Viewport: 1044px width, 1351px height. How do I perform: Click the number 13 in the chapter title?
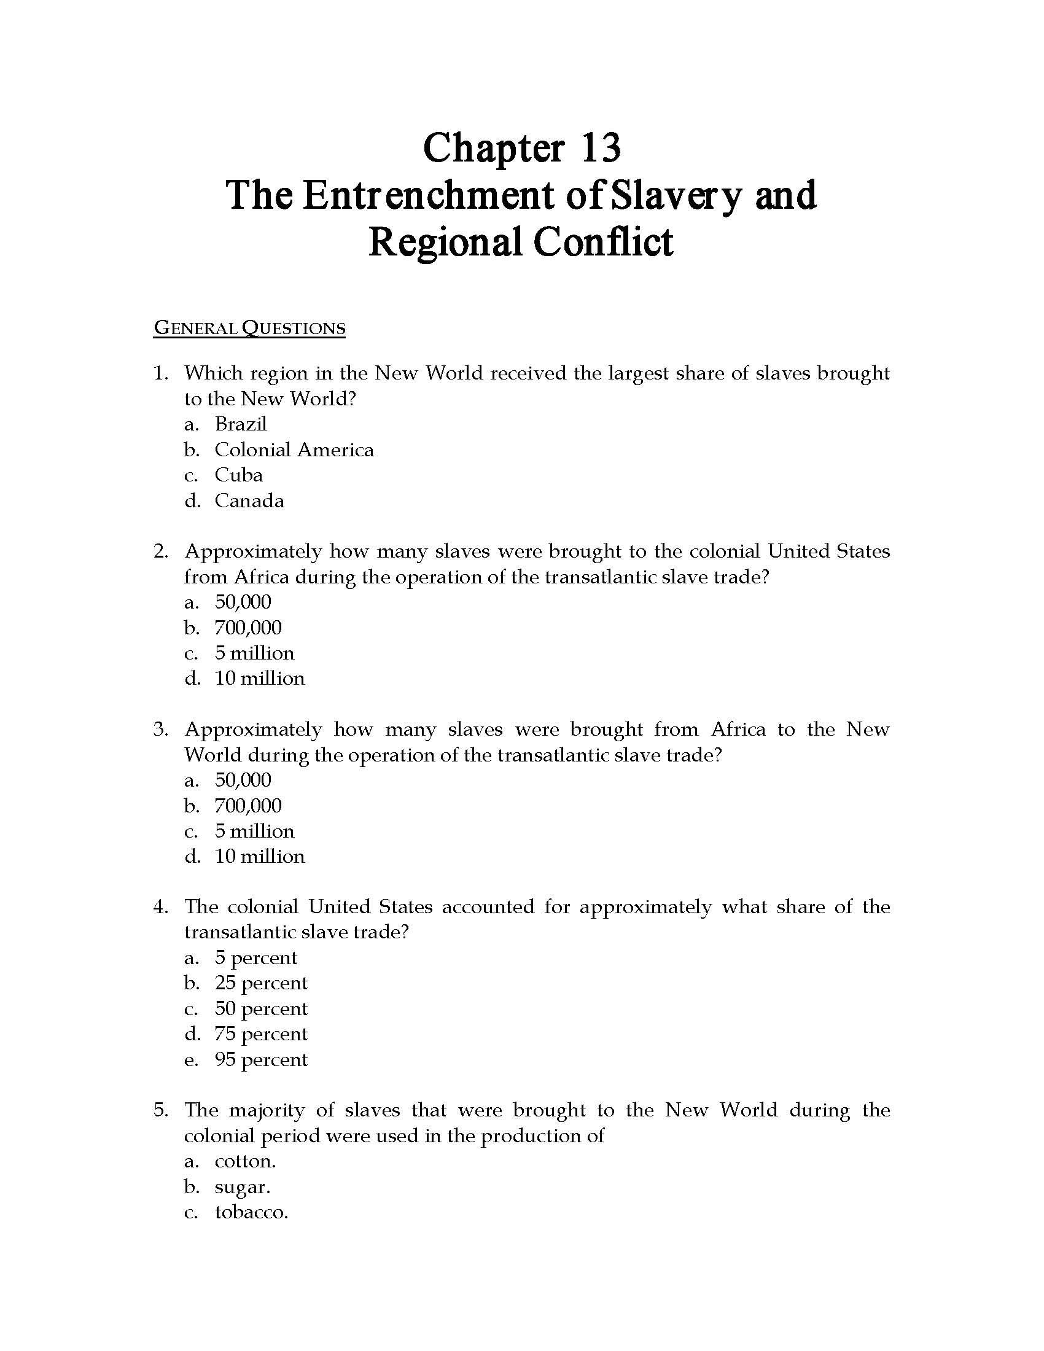[600, 148]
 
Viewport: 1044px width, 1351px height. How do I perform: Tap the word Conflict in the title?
[602, 242]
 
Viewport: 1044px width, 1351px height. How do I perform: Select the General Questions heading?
[249, 327]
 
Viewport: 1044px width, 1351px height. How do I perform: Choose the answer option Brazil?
[241, 424]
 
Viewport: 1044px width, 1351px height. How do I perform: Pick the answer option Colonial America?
[294, 450]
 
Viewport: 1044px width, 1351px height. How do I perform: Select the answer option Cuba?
[239, 475]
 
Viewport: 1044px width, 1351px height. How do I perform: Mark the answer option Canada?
[249, 500]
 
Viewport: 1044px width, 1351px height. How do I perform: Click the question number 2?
[160, 551]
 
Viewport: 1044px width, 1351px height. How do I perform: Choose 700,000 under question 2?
[248, 628]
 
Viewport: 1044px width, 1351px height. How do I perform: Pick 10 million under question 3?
[260, 857]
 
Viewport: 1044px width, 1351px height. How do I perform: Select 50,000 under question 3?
[243, 780]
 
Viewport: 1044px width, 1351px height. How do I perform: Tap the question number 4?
[160, 907]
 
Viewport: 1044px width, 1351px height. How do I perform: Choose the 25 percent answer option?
[261, 983]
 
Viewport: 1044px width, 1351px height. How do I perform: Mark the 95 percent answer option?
[261, 1060]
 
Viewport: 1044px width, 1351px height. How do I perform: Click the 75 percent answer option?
[261, 1034]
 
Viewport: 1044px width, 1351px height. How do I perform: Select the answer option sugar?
[243, 1188]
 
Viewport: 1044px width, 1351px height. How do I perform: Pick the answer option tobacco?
[251, 1212]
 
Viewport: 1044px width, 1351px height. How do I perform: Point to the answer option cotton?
[245, 1162]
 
